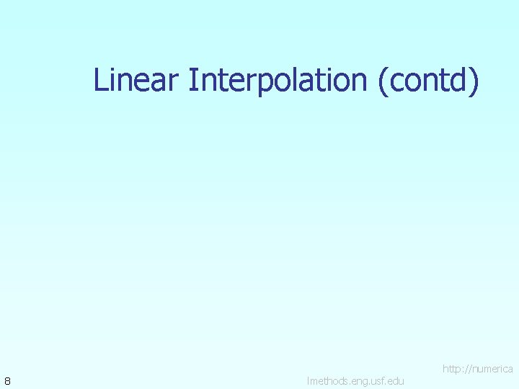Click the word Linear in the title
(136, 80)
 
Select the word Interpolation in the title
(279, 80)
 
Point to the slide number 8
(6, 380)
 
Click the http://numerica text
(477, 369)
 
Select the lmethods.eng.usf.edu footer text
(355, 380)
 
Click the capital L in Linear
(100, 80)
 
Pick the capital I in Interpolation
(192, 80)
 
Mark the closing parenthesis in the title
(474, 81)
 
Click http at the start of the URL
(453, 369)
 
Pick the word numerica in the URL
(492, 369)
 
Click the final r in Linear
(174, 81)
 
